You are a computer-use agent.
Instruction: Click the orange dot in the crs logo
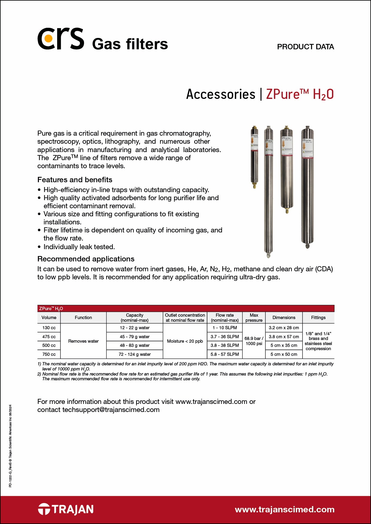point(47,39)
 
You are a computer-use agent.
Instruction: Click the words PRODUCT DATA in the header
point(305,47)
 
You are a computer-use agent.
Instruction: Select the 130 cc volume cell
point(49,328)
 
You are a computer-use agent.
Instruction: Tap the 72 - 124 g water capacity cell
point(135,354)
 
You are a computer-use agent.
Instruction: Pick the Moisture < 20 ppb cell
point(185,341)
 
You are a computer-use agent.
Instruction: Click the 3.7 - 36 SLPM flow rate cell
point(225,337)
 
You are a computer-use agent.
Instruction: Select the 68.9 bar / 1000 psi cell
point(254,341)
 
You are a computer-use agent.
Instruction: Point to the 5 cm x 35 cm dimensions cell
point(284,345)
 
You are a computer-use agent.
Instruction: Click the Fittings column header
point(318,318)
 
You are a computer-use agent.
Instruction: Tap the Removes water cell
point(83,341)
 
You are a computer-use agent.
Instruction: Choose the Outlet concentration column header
point(185,318)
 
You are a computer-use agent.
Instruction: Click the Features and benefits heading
point(75,180)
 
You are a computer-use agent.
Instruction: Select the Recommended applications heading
point(86,259)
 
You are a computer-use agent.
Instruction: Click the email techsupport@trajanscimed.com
point(111,410)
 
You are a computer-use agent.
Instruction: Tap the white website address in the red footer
point(285,510)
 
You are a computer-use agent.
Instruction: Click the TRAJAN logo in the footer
point(66,509)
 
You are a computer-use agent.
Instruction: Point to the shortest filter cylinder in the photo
point(254,157)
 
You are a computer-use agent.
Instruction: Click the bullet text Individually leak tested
point(79,247)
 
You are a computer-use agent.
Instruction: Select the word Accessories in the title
point(221,94)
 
